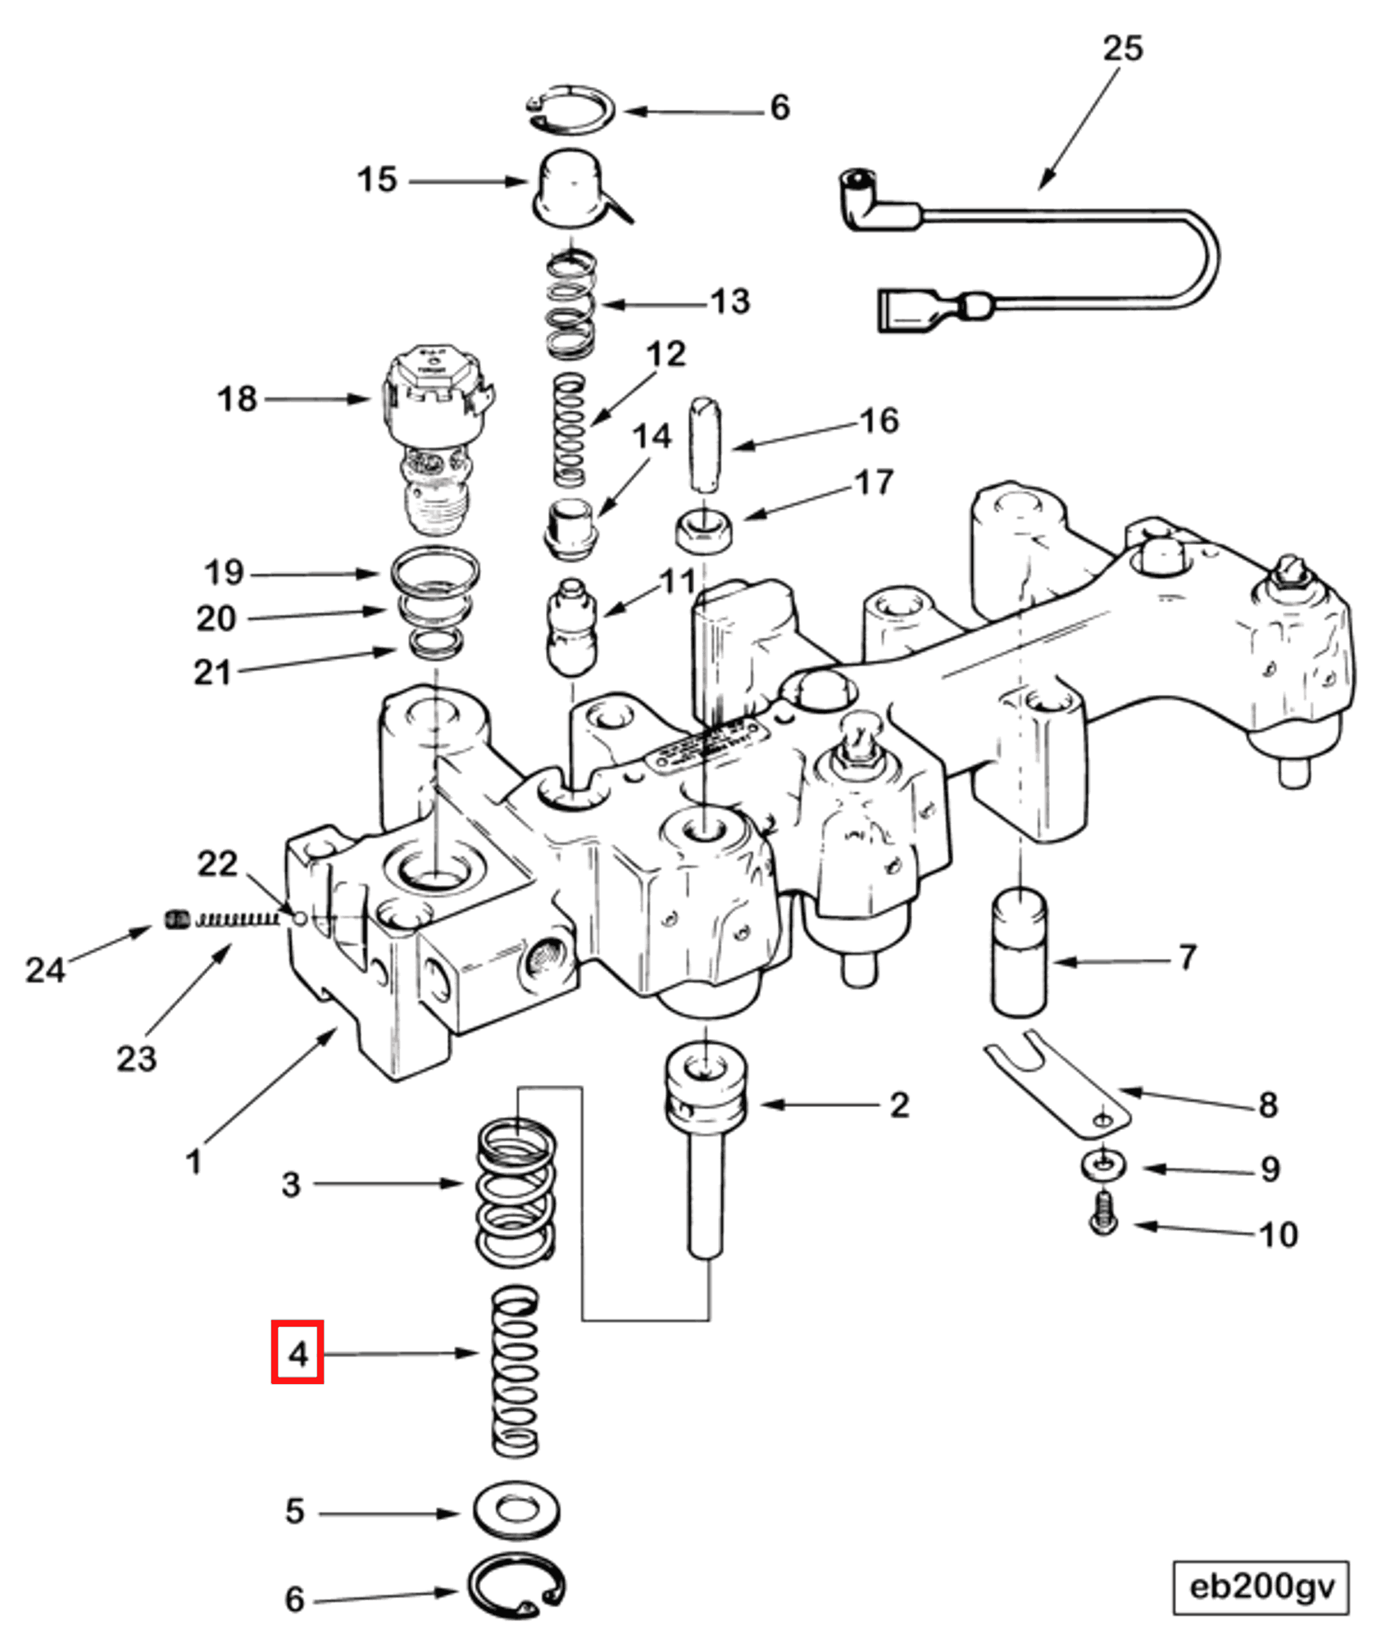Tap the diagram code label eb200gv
coord(1261,1587)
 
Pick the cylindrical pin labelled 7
coord(1020,955)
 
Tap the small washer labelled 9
coord(1102,1164)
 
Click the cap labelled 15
coord(570,188)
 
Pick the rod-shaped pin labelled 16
coord(705,444)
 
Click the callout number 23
coord(136,1059)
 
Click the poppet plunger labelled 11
coord(571,626)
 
